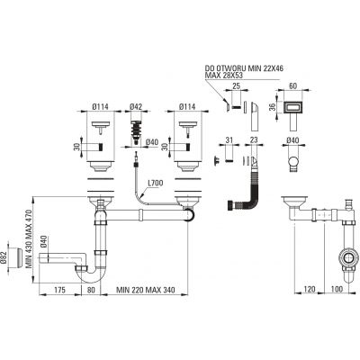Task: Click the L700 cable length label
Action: [x=156, y=183]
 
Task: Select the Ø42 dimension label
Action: [x=136, y=106]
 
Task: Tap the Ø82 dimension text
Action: [x=4, y=256]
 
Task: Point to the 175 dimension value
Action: [x=60, y=290]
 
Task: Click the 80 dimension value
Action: [x=91, y=290]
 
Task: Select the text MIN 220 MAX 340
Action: [x=146, y=290]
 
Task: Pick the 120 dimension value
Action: [x=310, y=289]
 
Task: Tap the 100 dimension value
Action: [x=337, y=289]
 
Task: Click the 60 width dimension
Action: [x=292, y=85]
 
